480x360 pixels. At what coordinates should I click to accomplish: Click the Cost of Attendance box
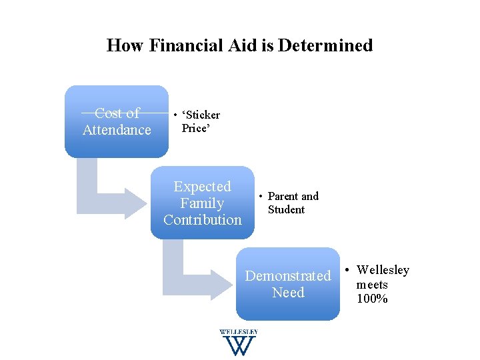(x=117, y=121)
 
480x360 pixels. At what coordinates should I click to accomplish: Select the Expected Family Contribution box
(x=202, y=203)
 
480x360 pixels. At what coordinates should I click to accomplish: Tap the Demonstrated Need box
(x=288, y=284)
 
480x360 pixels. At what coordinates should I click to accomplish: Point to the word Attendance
(x=117, y=130)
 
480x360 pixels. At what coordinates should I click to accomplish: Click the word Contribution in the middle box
(x=202, y=219)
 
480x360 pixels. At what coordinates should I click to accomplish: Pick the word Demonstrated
(x=288, y=275)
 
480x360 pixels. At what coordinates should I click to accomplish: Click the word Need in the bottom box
(x=288, y=293)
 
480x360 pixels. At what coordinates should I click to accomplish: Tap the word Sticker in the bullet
(x=202, y=115)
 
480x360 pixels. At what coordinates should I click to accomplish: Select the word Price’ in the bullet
(x=196, y=128)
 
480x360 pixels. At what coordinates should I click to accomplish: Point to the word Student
(x=286, y=209)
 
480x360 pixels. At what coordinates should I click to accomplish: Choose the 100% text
(x=372, y=298)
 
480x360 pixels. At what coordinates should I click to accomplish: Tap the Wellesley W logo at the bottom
(x=238, y=343)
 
